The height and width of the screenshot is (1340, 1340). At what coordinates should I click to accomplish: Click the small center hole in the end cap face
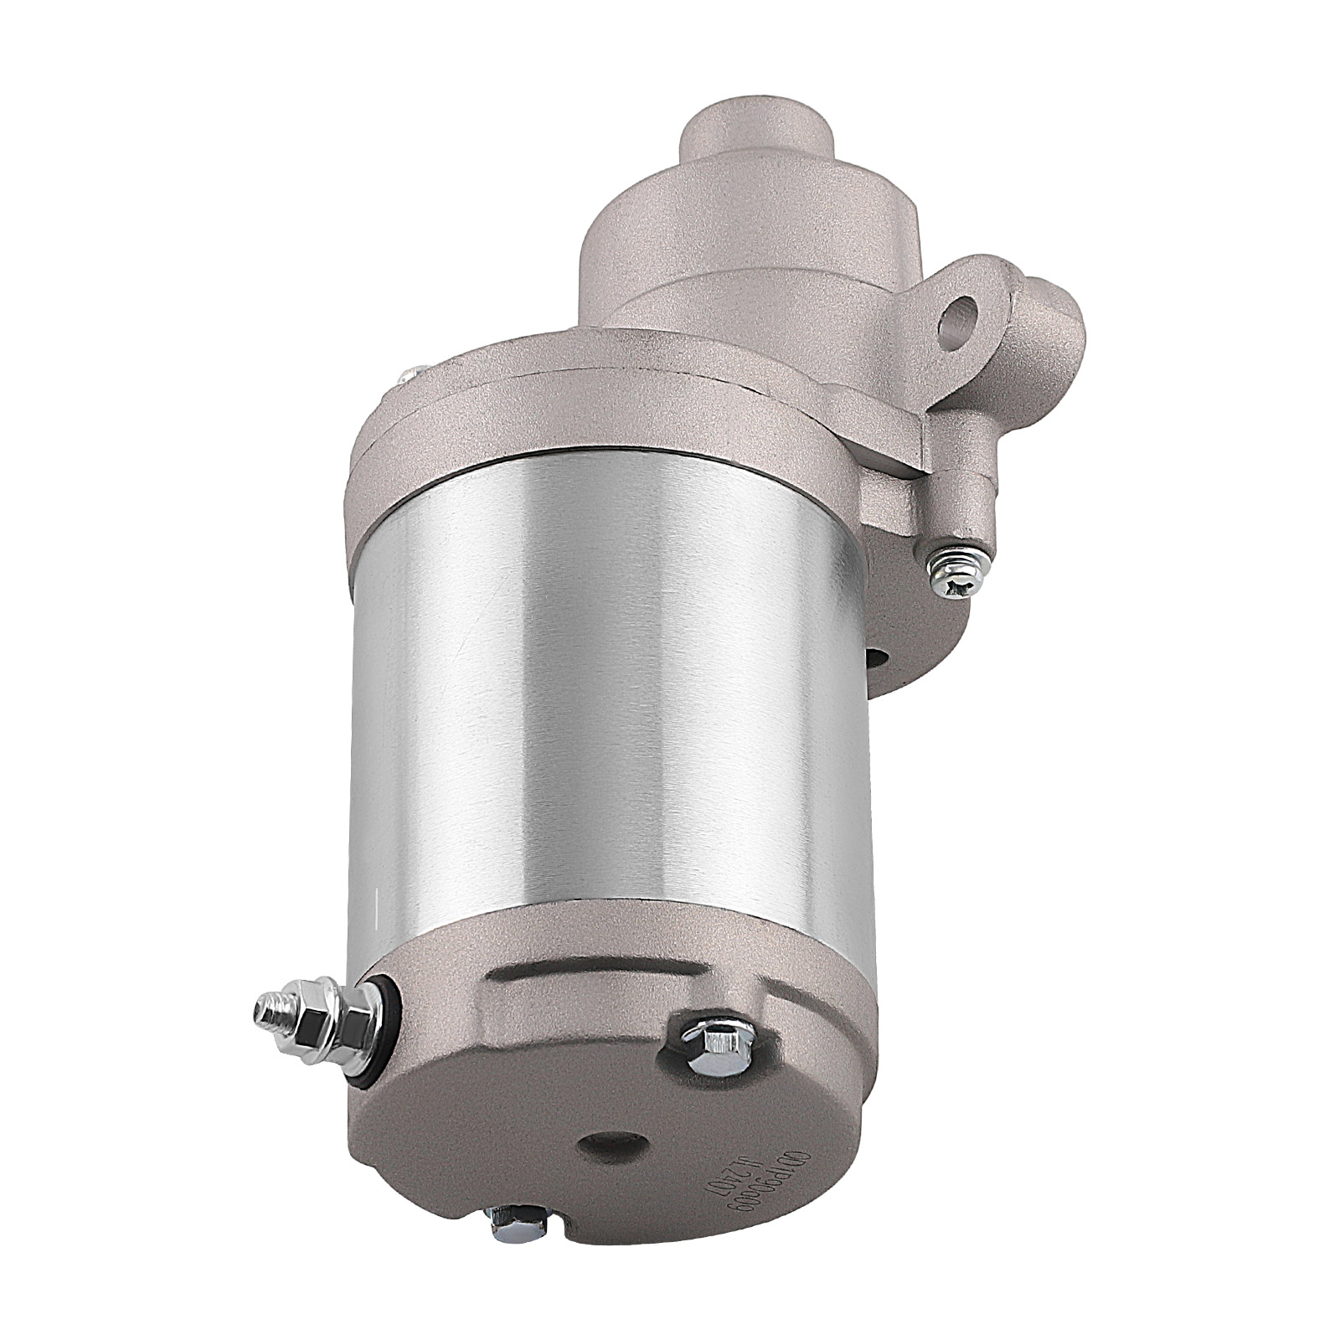(x=608, y=1147)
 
